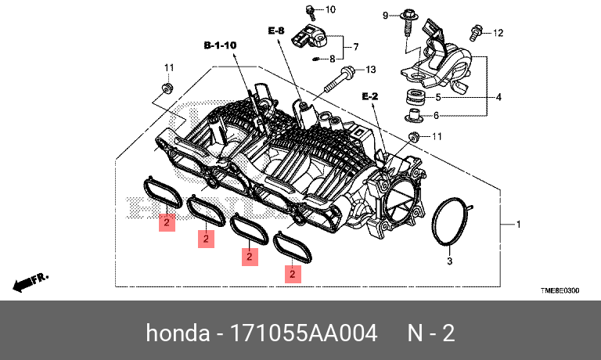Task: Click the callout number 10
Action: [329, 9]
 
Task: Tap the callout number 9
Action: [385, 15]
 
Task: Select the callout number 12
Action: [498, 32]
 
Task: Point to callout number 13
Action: [371, 69]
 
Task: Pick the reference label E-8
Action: [276, 31]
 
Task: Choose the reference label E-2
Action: [369, 95]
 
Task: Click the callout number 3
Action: [450, 261]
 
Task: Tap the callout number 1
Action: [517, 225]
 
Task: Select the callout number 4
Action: [498, 97]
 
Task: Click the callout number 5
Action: [438, 97]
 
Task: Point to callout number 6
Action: [437, 115]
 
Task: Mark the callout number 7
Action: [354, 46]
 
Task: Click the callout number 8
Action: [332, 59]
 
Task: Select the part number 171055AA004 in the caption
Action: [299, 333]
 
